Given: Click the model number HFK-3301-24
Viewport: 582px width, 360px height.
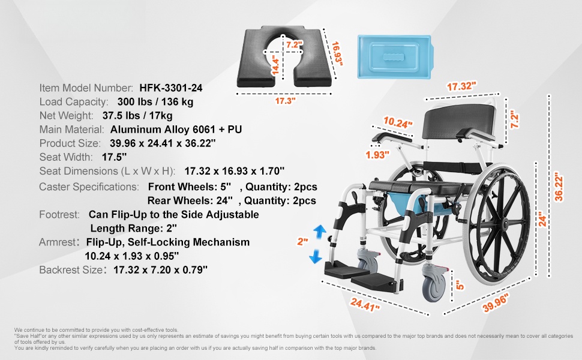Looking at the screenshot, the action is tap(171, 88).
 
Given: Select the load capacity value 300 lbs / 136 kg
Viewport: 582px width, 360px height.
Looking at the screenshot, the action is tap(155, 101).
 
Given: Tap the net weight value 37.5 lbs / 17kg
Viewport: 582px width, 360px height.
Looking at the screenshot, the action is tap(137, 116).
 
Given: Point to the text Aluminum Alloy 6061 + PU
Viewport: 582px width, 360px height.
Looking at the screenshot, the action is tap(176, 130).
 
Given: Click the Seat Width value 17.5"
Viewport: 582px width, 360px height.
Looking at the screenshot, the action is tap(115, 157).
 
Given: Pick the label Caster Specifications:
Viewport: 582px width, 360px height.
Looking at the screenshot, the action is tap(89, 187).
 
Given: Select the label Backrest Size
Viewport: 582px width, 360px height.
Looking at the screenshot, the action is tap(71, 270).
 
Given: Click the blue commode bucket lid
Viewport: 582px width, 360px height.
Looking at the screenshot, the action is tap(394, 56).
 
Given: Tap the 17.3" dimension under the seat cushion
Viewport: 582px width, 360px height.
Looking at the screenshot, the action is tap(285, 101).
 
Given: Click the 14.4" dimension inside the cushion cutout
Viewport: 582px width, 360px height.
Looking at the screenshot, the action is tap(275, 65).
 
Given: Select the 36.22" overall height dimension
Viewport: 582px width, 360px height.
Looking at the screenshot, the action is tap(558, 187).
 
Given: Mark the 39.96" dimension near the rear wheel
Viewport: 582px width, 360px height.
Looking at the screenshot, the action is tap(496, 302).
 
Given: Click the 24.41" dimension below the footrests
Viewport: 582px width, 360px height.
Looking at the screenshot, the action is tap(365, 305).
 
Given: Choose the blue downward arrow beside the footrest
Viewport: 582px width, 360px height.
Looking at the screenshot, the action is tap(316, 256).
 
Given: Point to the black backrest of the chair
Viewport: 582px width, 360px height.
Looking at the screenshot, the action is tap(458, 121).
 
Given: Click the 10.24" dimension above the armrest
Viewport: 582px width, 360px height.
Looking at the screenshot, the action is tap(398, 122).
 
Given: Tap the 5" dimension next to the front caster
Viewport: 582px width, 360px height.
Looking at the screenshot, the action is tap(460, 285).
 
